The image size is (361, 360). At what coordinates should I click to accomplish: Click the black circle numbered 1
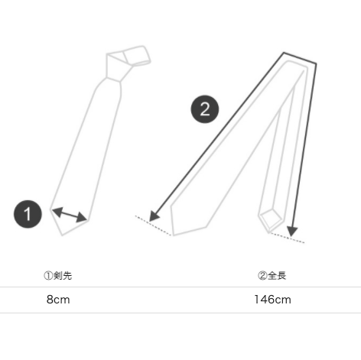click(x=28, y=214)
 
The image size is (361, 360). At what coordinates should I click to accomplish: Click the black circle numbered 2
click(x=205, y=109)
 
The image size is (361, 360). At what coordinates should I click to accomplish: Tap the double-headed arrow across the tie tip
click(x=70, y=215)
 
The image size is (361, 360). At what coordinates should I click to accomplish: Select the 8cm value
click(x=58, y=300)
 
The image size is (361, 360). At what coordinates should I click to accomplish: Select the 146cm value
click(x=272, y=300)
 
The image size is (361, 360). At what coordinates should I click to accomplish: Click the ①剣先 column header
click(x=58, y=276)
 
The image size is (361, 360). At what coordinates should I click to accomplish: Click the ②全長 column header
click(x=272, y=276)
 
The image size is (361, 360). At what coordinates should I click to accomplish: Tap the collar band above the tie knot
click(x=137, y=55)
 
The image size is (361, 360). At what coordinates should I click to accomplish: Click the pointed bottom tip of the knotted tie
click(x=62, y=235)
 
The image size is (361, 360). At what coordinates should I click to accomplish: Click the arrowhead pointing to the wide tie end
click(x=154, y=216)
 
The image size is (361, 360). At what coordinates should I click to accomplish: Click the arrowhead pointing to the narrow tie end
click(x=292, y=232)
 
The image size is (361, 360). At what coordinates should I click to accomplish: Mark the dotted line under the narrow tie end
click(x=287, y=238)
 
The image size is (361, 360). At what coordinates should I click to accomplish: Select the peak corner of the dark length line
click(x=284, y=53)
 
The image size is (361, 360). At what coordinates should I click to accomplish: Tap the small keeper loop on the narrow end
click(x=272, y=219)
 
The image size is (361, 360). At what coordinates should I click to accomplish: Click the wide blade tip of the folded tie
click(x=173, y=235)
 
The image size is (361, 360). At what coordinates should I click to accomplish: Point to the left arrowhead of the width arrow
click(x=57, y=212)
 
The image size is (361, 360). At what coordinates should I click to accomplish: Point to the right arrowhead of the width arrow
click(x=82, y=218)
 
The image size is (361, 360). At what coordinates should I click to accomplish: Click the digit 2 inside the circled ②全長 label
click(x=262, y=276)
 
